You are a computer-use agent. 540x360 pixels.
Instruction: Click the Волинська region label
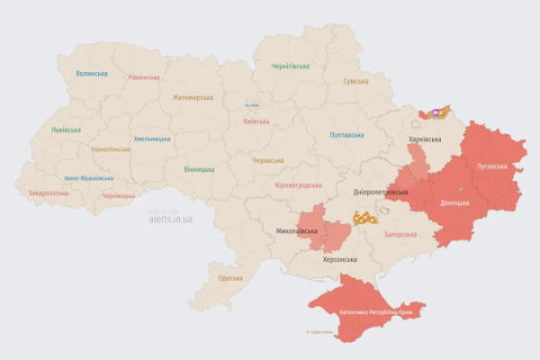[92, 74]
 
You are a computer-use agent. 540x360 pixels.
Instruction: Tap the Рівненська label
[144, 77]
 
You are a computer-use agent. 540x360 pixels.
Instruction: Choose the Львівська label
[66, 130]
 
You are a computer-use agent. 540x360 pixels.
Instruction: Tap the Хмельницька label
[152, 139]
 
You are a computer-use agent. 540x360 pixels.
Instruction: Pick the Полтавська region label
[347, 135]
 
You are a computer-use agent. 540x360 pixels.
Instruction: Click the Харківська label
[425, 140]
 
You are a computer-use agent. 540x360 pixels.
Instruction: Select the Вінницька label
[199, 169]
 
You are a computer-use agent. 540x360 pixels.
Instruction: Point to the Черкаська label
[267, 160]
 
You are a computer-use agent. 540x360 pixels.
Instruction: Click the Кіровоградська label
[297, 184]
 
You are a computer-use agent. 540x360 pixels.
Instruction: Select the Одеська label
[230, 277]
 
